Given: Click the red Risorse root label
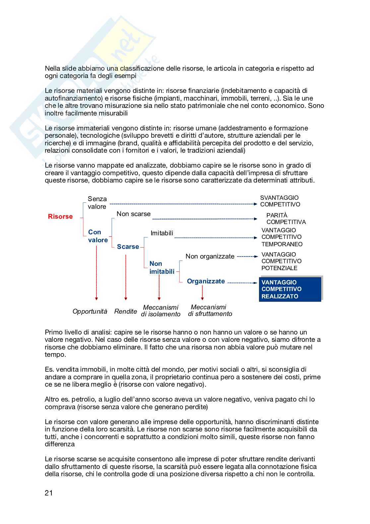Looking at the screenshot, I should pos(60,217).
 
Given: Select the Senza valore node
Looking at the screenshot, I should pos(97,203).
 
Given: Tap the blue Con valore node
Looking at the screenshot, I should pos(98,236).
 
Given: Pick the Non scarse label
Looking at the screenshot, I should pos(133,214).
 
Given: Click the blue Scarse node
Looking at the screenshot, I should pos(128,247).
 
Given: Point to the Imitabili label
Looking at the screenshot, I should pos(162,233).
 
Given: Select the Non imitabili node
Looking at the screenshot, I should pos(162,267).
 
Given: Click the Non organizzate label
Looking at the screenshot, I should pos(210,256).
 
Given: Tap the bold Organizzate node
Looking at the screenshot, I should pos(206,281).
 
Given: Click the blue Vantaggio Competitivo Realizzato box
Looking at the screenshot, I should pos(290,289).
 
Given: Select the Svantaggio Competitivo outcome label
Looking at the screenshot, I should pos(280,201).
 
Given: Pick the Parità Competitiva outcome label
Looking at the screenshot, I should pos(286,219).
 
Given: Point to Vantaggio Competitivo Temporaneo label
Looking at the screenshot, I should pos(282,237).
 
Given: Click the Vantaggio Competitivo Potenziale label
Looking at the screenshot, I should pos(281,261).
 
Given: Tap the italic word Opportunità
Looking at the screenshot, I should pos(90,312).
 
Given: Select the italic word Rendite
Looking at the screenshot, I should pos(125,312).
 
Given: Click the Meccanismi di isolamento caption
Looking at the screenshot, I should pos(161,311).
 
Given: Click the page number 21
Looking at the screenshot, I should pos(49,493).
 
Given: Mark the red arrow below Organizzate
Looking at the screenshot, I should pos(202,293).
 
